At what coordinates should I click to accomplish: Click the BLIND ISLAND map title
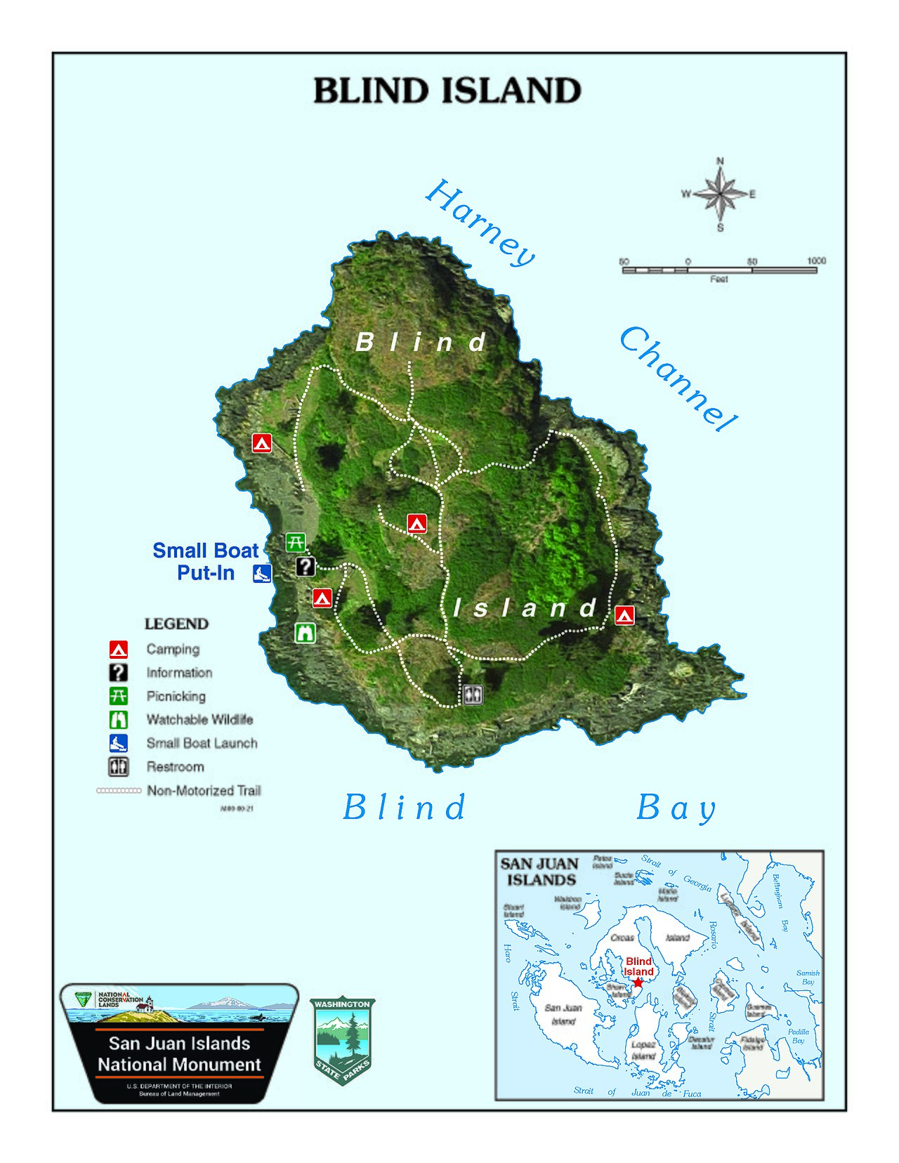(447, 91)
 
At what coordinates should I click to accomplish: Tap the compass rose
(720, 194)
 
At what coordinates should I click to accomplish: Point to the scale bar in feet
(719, 270)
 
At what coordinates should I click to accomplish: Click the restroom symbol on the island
(473, 694)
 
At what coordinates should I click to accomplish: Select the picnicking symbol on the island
(296, 542)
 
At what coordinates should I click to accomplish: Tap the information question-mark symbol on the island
(306, 566)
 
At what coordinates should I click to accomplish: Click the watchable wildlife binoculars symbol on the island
(305, 633)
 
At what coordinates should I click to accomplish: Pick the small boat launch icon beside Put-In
(262, 573)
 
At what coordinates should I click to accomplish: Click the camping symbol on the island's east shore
(624, 615)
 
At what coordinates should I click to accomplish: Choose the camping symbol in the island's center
(417, 523)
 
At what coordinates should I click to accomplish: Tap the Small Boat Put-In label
(205, 561)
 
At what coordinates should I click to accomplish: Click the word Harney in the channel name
(480, 222)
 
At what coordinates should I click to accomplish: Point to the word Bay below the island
(675, 808)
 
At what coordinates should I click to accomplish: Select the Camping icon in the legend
(119, 649)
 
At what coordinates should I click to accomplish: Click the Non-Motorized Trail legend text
(204, 791)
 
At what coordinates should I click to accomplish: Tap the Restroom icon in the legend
(119, 767)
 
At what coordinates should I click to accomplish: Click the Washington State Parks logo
(342, 1040)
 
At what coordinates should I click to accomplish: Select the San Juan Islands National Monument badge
(179, 1042)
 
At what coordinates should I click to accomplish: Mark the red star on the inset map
(638, 983)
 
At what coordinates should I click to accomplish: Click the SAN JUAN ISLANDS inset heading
(539, 872)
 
